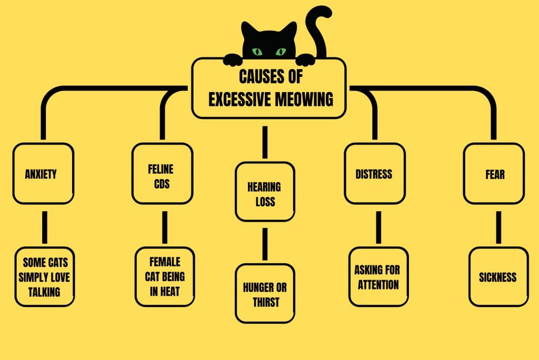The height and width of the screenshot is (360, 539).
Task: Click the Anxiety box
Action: (x=43, y=174)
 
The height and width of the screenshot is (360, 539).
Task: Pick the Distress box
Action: (x=374, y=174)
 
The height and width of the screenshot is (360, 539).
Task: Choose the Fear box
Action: (x=494, y=174)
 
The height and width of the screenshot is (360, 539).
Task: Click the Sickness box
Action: (x=498, y=277)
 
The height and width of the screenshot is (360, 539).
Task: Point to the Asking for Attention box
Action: (x=377, y=277)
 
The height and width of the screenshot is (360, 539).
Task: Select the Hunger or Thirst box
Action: (x=264, y=294)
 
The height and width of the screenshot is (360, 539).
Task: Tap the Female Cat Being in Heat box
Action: (x=165, y=277)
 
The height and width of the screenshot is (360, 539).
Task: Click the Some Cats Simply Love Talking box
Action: (x=44, y=277)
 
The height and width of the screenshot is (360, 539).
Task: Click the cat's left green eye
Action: (x=257, y=52)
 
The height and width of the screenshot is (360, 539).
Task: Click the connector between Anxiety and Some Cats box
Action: (x=45, y=225)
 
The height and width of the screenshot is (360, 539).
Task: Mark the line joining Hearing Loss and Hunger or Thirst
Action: (x=265, y=242)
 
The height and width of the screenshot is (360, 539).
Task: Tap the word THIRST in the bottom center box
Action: (x=265, y=302)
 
